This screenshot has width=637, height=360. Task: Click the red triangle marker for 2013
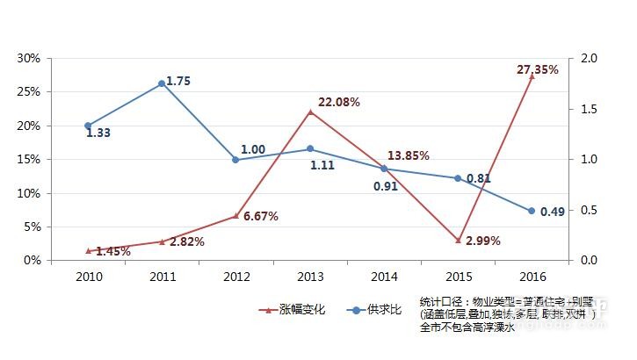pos(310,112)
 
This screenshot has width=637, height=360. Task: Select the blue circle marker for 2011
pos(162,83)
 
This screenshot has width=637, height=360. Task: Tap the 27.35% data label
pos(538,69)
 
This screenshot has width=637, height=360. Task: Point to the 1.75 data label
pos(178,81)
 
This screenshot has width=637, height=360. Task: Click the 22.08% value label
pos(339,102)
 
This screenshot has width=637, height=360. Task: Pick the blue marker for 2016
pos(532,211)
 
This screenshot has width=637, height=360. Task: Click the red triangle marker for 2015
pos(458,240)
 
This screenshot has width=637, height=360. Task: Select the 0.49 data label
pos(553,211)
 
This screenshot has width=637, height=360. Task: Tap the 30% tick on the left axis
pos(30,58)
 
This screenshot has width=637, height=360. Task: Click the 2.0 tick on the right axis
pos(588,58)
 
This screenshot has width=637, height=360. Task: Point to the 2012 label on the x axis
pos(235,276)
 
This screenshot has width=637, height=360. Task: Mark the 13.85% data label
pos(409,155)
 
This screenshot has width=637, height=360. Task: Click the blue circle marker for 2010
pos(88,126)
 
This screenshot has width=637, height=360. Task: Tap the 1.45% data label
pos(113,252)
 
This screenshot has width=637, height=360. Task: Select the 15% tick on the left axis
pos(30,159)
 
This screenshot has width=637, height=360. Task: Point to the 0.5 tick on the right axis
pos(588,210)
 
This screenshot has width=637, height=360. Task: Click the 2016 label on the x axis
pos(532,276)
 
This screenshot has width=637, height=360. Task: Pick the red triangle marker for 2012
pos(235,215)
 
